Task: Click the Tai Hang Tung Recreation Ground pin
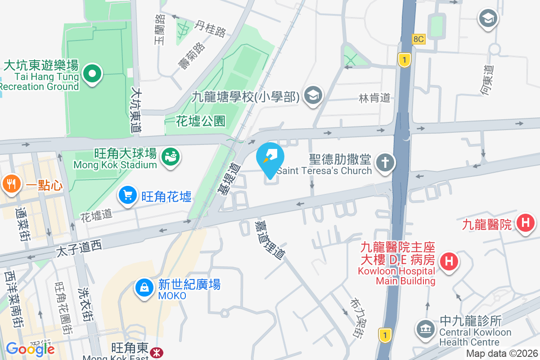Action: click(x=92, y=73)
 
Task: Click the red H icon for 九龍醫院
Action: click(x=525, y=223)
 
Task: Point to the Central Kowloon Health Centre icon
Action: click(x=425, y=328)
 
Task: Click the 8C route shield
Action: click(x=418, y=39)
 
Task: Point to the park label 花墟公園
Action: click(x=200, y=121)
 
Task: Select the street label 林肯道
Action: click(x=374, y=98)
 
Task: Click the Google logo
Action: click(x=30, y=349)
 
